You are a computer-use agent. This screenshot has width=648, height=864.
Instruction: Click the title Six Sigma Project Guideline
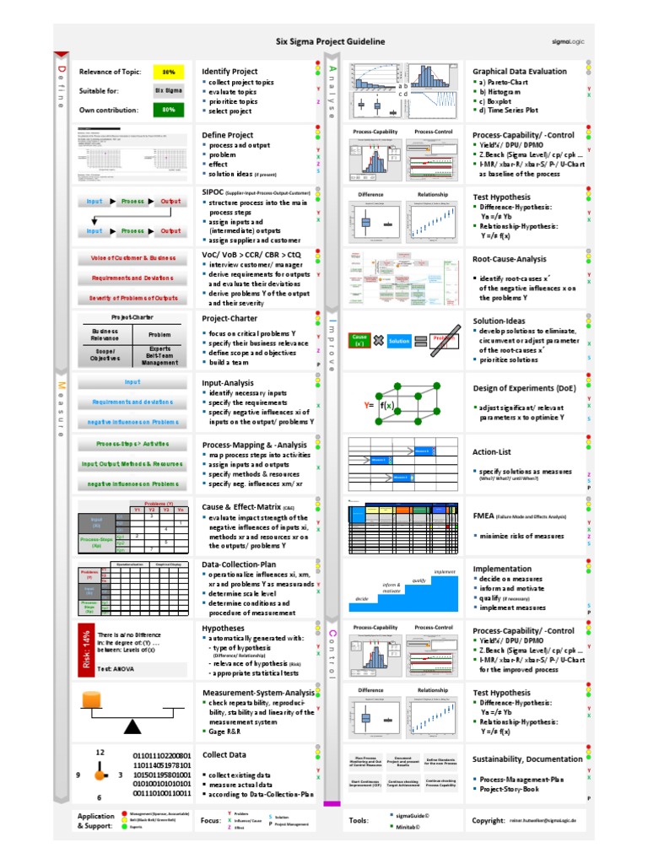click(331, 40)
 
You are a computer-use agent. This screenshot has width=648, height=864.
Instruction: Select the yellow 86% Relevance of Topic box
click(169, 73)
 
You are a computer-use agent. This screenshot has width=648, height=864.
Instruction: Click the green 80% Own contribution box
click(169, 110)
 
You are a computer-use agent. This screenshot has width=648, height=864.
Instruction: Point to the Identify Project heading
click(229, 72)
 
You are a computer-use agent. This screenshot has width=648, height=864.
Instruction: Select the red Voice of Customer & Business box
click(132, 258)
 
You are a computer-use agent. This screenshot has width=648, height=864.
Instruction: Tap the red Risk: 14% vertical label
click(85, 649)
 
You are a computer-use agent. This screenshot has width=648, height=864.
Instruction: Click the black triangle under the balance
click(132, 726)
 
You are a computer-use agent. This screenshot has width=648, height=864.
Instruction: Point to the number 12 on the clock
click(100, 752)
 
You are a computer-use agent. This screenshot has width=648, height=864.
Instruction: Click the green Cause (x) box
click(359, 340)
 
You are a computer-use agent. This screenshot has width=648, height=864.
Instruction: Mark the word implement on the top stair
click(444, 572)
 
